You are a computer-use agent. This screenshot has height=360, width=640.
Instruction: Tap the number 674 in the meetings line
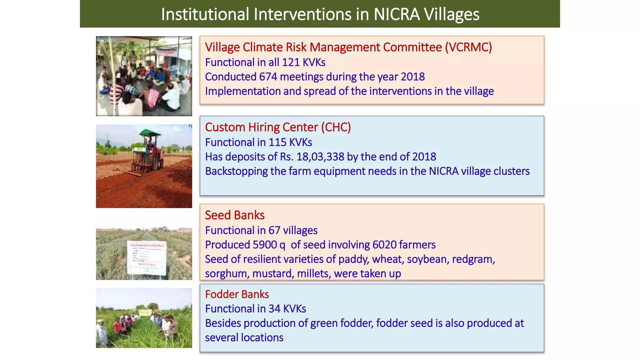pyautogui.click(x=268, y=77)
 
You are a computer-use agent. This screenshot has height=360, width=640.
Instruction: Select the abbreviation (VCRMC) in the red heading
pyautogui.click(x=468, y=47)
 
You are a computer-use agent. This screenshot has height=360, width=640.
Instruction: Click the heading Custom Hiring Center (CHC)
pyautogui.click(x=278, y=127)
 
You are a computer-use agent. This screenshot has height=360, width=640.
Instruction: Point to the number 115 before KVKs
pyautogui.click(x=277, y=142)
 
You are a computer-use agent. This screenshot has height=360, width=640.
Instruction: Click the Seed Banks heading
pyautogui.click(x=235, y=215)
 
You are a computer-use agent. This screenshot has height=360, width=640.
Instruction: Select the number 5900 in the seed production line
pyautogui.click(x=264, y=245)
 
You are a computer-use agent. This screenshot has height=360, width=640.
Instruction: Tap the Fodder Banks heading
pyautogui.click(x=237, y=294)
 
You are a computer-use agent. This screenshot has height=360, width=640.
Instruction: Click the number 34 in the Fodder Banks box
pyautogui.click(x=274, y=309)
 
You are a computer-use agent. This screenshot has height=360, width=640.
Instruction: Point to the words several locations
pyautogui.click(x=244, y=338)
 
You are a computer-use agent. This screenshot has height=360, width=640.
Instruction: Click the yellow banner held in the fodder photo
pyautogui.click(x=145, y=312)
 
